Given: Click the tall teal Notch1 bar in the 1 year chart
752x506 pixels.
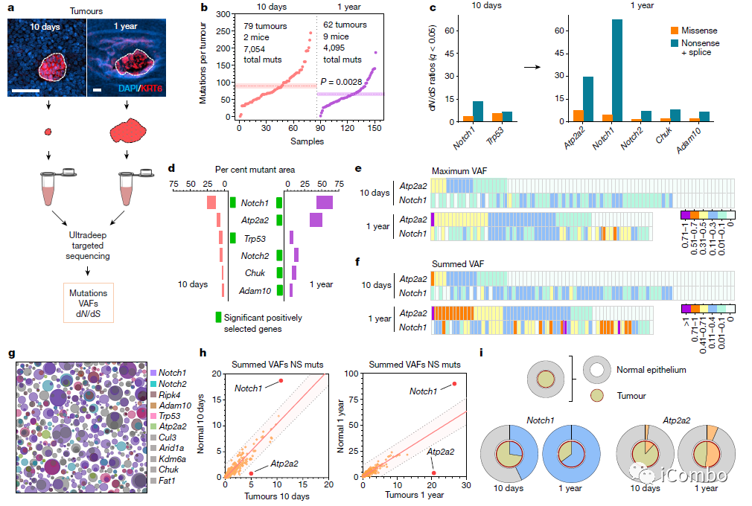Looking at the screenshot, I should click(617, 71).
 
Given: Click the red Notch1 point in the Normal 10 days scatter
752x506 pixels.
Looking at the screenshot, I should click(281, 380).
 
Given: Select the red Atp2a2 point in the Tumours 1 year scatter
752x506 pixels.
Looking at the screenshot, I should click(434, 473).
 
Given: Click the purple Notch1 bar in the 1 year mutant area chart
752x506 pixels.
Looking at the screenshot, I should click(324, 202).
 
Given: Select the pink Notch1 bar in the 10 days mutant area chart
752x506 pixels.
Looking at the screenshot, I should click(211, 202).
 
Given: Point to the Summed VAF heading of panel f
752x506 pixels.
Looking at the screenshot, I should click(450, 263).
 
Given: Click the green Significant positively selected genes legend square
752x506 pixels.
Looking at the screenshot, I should click(219, 317).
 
